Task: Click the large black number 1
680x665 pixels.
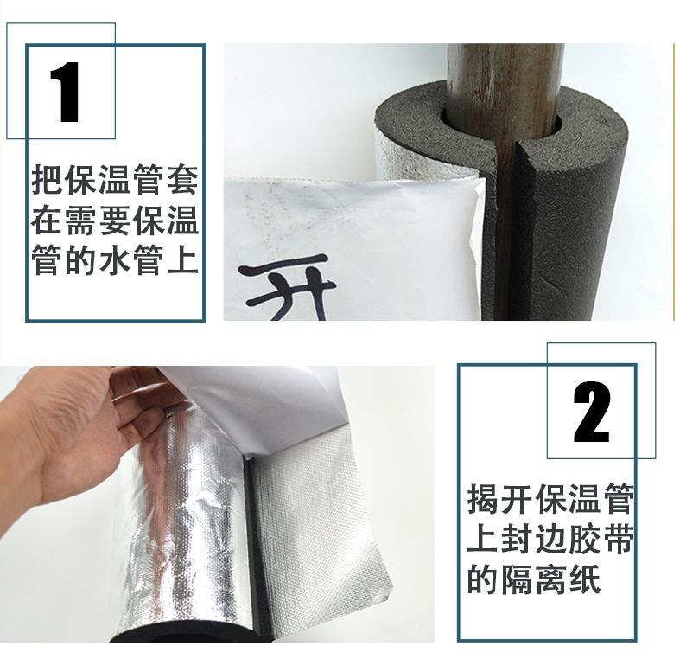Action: coord(66,92)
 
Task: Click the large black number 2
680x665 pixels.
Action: coord(592,412)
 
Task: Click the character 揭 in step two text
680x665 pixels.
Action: coord(483,500)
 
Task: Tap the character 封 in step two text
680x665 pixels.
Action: coord(517,539)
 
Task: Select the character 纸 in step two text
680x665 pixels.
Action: coord(585,579)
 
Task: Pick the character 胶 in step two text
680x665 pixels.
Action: coord(585,539)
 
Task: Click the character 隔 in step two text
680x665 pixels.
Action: coord(517,579)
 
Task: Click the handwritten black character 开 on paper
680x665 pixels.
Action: coord(287,287)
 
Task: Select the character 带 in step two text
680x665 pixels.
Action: coord(619,539)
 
